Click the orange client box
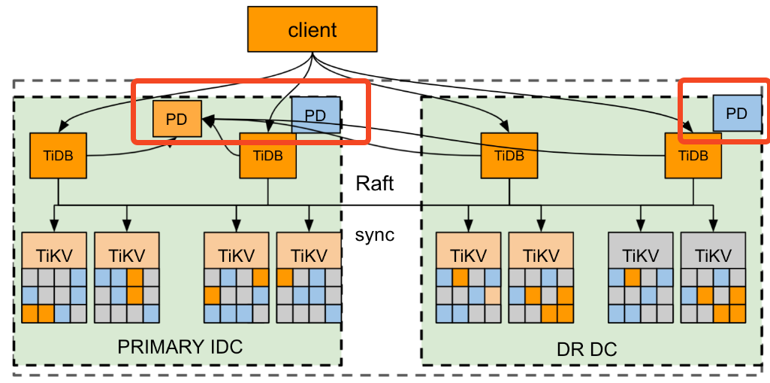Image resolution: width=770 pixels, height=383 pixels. pos(313,30)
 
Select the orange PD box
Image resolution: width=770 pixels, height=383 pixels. pos(177,120)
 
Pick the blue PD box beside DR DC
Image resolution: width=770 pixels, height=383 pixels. pos(737,114)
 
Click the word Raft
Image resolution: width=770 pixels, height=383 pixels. pos(375,184)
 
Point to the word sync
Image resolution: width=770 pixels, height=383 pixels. pos(375,235)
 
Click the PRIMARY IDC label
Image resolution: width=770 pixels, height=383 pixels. pos(180,347)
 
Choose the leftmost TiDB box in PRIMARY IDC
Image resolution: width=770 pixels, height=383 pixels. pos(54,156)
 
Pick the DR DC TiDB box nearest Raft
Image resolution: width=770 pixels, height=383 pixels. pos(509,156)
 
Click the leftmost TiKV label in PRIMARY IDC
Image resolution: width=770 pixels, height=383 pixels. pos(54,255)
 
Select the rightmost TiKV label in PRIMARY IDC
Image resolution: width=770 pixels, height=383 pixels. pos(308,255)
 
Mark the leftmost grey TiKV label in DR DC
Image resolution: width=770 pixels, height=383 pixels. pos(639,255)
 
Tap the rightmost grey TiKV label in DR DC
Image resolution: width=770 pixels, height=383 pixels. pos(712,255)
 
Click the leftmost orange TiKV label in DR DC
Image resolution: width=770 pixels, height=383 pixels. pos(468,255)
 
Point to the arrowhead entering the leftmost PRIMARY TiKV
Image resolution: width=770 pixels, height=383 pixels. pos(54,226)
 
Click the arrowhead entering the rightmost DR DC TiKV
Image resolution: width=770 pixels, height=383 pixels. pos(712,226)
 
